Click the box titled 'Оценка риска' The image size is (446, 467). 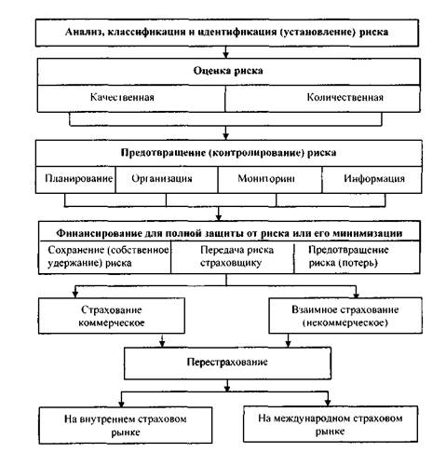click(x=229, y=72)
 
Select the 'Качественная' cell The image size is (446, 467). click(x=131, y=99)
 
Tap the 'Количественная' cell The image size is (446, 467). click(x=323, y=99)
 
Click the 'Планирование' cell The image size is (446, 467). click(x=75, y=180)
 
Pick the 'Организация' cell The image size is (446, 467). click(x=167, y=180)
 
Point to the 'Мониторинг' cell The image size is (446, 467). click(x=270, y=180)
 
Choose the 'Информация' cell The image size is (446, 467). click(x=372, y=180)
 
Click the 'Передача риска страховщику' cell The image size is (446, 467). click(x=232, y=257)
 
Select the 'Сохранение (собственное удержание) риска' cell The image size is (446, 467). click(x=105, y=257)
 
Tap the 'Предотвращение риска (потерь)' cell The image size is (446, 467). click(x=357, y=257)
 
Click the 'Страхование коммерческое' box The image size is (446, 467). click(x=112, y=316)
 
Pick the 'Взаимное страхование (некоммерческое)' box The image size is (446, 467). click(x=345, y=316)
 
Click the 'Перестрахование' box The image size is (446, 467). click(x=227, y=363)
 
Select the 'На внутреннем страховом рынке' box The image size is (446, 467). click(x=126, y=425)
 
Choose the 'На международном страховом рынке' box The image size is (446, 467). click(x=331, y=424)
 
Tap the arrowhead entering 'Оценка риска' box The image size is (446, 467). click(x=226, y=55)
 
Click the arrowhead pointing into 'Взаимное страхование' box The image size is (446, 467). click(x=356, y=295)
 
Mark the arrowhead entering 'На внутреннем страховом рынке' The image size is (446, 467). click(x=121, y=404)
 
